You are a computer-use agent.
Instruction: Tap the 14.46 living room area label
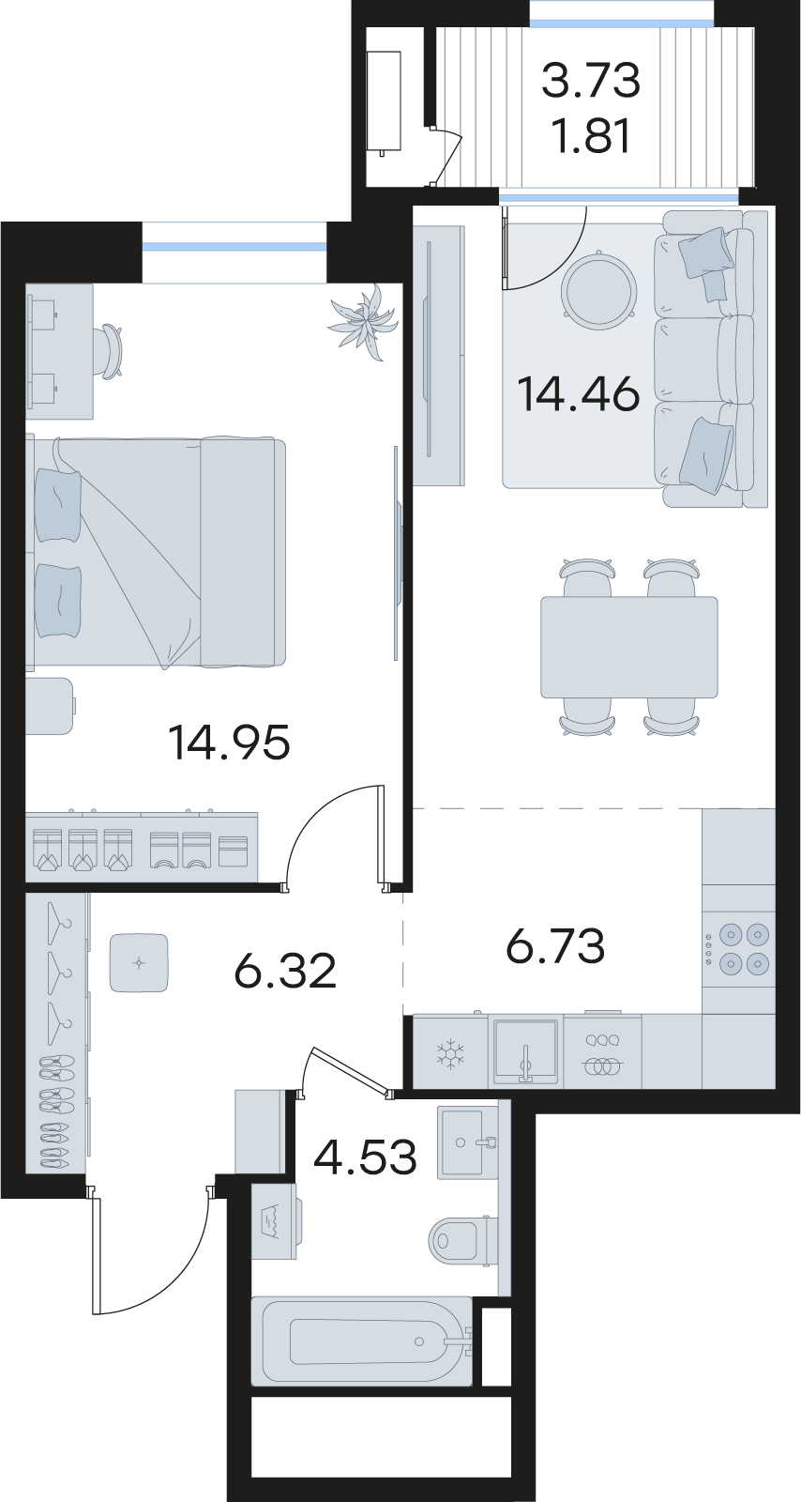pos(579,394)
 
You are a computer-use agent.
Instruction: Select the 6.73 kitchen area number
pos(555,945)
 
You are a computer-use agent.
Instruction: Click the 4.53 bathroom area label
pos(366,1157)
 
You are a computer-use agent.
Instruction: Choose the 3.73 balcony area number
pos(591,80)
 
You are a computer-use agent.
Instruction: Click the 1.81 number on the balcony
pos(591,136)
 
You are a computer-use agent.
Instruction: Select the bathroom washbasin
pos(468,1142)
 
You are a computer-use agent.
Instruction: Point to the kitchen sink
pos(526,1052)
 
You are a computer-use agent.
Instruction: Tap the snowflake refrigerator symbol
pos(450,1053)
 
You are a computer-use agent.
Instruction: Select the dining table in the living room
pos(628,647)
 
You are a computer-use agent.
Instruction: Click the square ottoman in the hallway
pos(139,963)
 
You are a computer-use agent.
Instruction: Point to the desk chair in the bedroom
pos(109,351)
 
